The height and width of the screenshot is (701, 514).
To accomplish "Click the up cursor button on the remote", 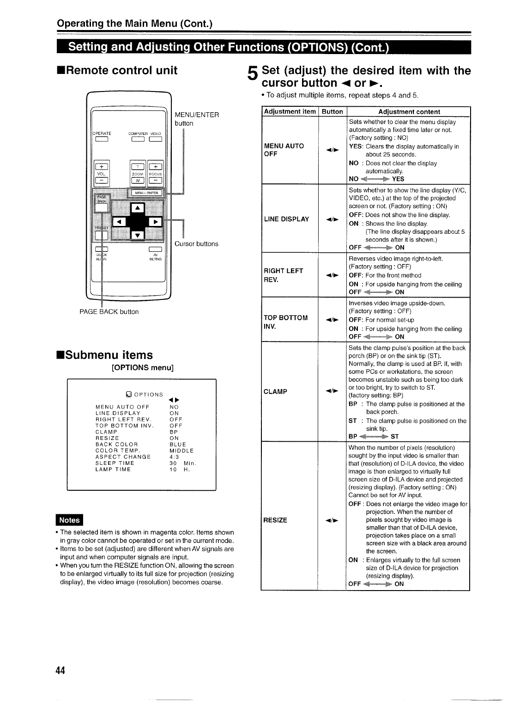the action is click(138, 209).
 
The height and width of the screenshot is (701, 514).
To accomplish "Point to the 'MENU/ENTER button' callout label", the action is click(197, 119).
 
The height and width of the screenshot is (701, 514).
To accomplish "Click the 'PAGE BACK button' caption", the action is click(109, 312).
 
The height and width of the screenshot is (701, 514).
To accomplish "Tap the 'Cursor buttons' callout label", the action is click(196, 244).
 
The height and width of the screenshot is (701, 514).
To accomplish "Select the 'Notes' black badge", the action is click(69, 520).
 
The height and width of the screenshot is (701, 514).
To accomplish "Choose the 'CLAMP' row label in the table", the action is click(275, 392).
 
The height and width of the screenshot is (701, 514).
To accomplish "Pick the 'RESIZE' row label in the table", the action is click(275, 520).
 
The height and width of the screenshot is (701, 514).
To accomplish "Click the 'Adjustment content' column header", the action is click(409, 112).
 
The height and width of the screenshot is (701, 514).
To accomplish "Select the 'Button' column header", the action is click(333, 112).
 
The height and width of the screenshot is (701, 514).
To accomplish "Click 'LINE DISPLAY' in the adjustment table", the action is click(286, 219).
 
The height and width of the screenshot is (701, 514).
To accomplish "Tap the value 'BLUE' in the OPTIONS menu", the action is click(178, 445).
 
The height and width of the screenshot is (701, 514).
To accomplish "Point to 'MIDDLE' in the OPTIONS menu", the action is click(181, 451).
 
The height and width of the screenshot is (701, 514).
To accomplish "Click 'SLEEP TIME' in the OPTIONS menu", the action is click(115, 463).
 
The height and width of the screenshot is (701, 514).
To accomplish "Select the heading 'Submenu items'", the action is click(104, 355).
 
